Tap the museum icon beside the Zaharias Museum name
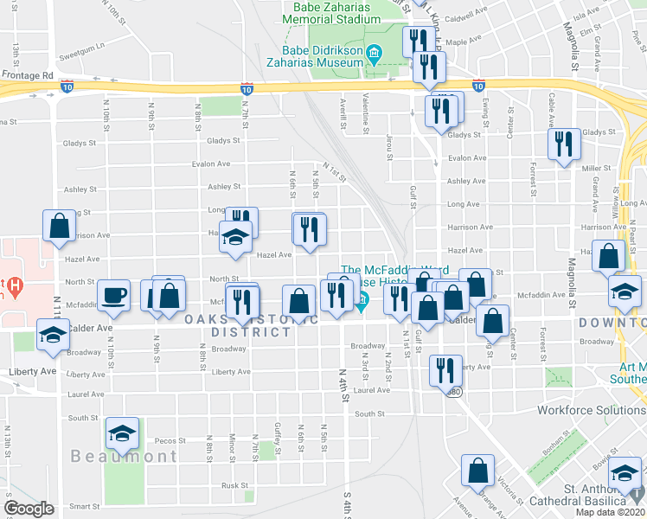click(374, 55)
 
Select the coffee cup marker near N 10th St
click(113, 296)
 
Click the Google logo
click(29, 508)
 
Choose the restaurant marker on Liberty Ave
click(444, 369)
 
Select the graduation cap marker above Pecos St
click(122, 432)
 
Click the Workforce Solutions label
click(591, 409)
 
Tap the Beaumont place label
click(124, 456)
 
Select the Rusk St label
click(234, 485)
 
